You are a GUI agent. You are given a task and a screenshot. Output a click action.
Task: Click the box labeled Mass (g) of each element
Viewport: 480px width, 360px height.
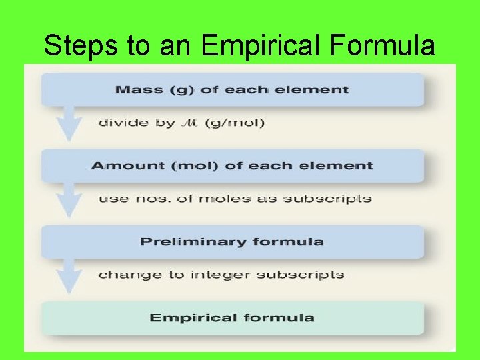click(x=232, y=89)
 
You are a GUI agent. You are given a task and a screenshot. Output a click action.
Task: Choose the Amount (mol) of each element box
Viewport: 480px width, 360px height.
click(x=232, y=165)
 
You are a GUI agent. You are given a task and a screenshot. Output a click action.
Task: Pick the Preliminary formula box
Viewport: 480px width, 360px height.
click(x=232, y=241)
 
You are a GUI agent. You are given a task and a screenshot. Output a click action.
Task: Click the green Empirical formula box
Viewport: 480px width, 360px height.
click(x=232, y=317)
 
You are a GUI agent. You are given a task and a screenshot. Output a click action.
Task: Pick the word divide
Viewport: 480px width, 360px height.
click(x=117, y=123)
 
